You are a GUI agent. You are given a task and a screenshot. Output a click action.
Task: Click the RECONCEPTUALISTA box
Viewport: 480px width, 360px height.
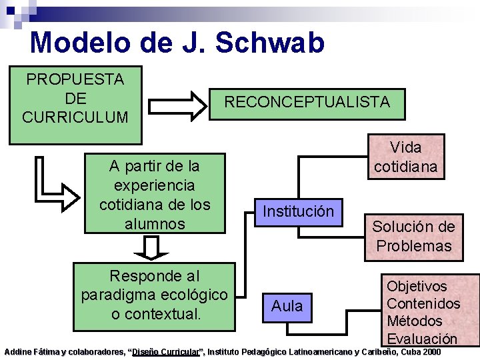coord(307,103)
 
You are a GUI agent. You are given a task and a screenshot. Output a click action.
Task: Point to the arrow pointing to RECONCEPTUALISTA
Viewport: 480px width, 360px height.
coord(178,104)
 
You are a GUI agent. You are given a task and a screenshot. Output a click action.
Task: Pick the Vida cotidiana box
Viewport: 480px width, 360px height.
coord(406,157)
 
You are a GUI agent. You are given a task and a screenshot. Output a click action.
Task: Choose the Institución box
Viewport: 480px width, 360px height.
coord(298,211)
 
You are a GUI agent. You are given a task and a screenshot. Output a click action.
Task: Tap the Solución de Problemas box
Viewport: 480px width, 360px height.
coord(413,236)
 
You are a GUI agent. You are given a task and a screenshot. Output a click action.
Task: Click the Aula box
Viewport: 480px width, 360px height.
coord(287,306)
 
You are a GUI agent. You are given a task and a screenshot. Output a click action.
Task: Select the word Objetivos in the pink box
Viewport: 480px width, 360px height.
coord(417,286)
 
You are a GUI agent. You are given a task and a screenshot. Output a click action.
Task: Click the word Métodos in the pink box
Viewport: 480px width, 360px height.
coord(415,321)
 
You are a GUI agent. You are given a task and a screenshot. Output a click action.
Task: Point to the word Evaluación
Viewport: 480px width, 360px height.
coord(422,338)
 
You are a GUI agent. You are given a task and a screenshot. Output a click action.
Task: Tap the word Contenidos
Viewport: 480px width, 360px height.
coord(423,303)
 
